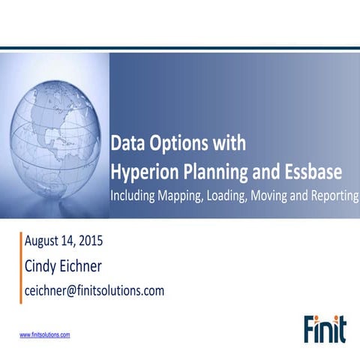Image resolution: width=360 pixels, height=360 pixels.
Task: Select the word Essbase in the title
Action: click(313, 172)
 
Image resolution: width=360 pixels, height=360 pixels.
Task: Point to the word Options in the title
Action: click(172, 143)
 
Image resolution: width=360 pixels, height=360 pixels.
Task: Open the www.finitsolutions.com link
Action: click(45, 334)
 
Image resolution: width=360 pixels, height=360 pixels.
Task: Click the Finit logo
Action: click(325, 328)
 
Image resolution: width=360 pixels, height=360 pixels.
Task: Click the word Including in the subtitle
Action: click(136, 196)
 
